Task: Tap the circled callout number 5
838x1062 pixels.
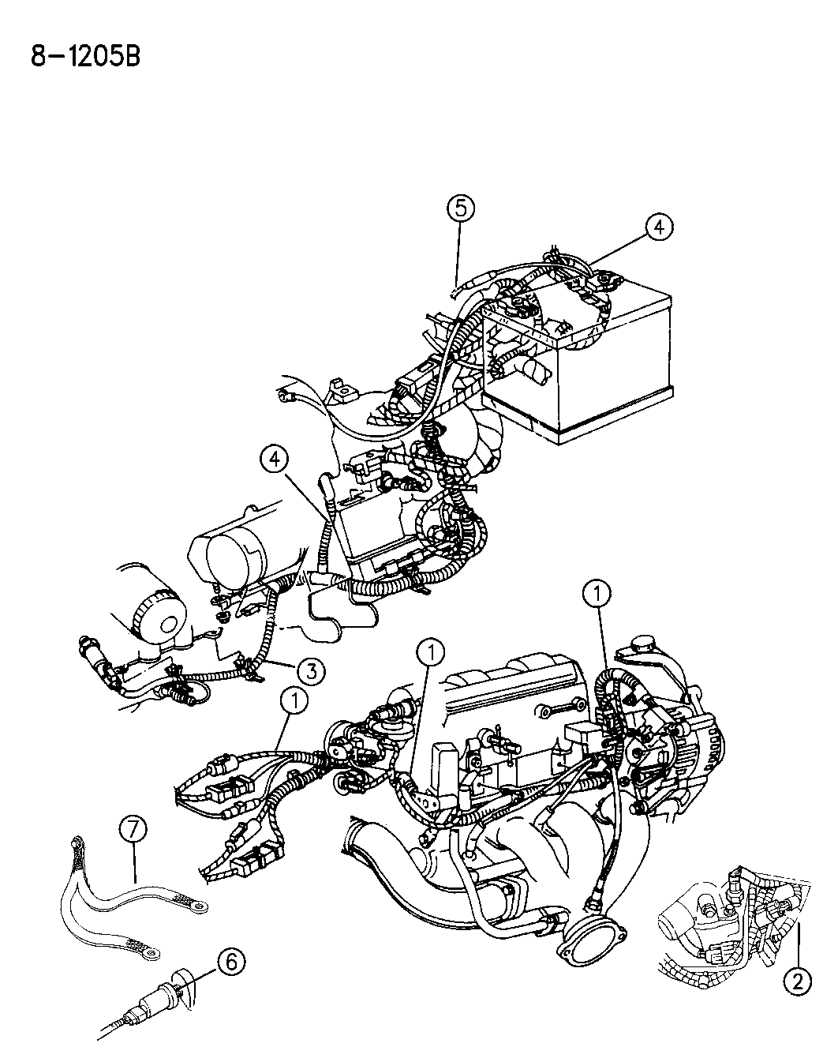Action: (x=461, y=208)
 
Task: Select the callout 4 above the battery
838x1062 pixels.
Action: (x=660, y=227)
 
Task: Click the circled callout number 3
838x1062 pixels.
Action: (x=312, y=671)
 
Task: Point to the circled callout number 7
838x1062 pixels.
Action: (x=133, y=830)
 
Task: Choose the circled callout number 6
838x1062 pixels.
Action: (x=231, y=962)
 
